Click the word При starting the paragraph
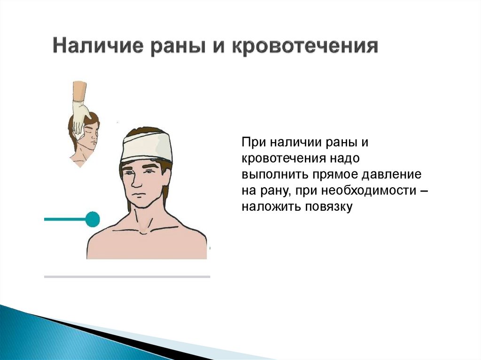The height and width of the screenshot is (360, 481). [254, 141]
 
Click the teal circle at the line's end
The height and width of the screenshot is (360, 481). [93, 219]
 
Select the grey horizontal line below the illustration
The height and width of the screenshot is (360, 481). [127, 277]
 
